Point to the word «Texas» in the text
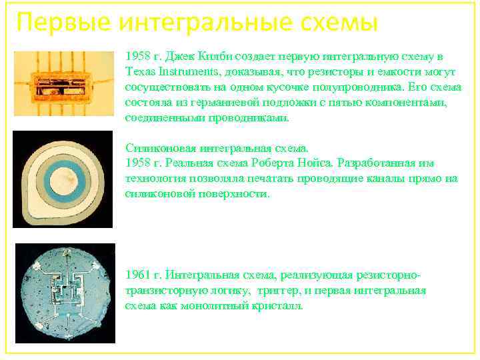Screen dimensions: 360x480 tap(139, 71)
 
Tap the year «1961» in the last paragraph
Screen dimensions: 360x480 tap(138, 275)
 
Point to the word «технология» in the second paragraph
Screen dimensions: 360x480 tap(155, 179)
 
